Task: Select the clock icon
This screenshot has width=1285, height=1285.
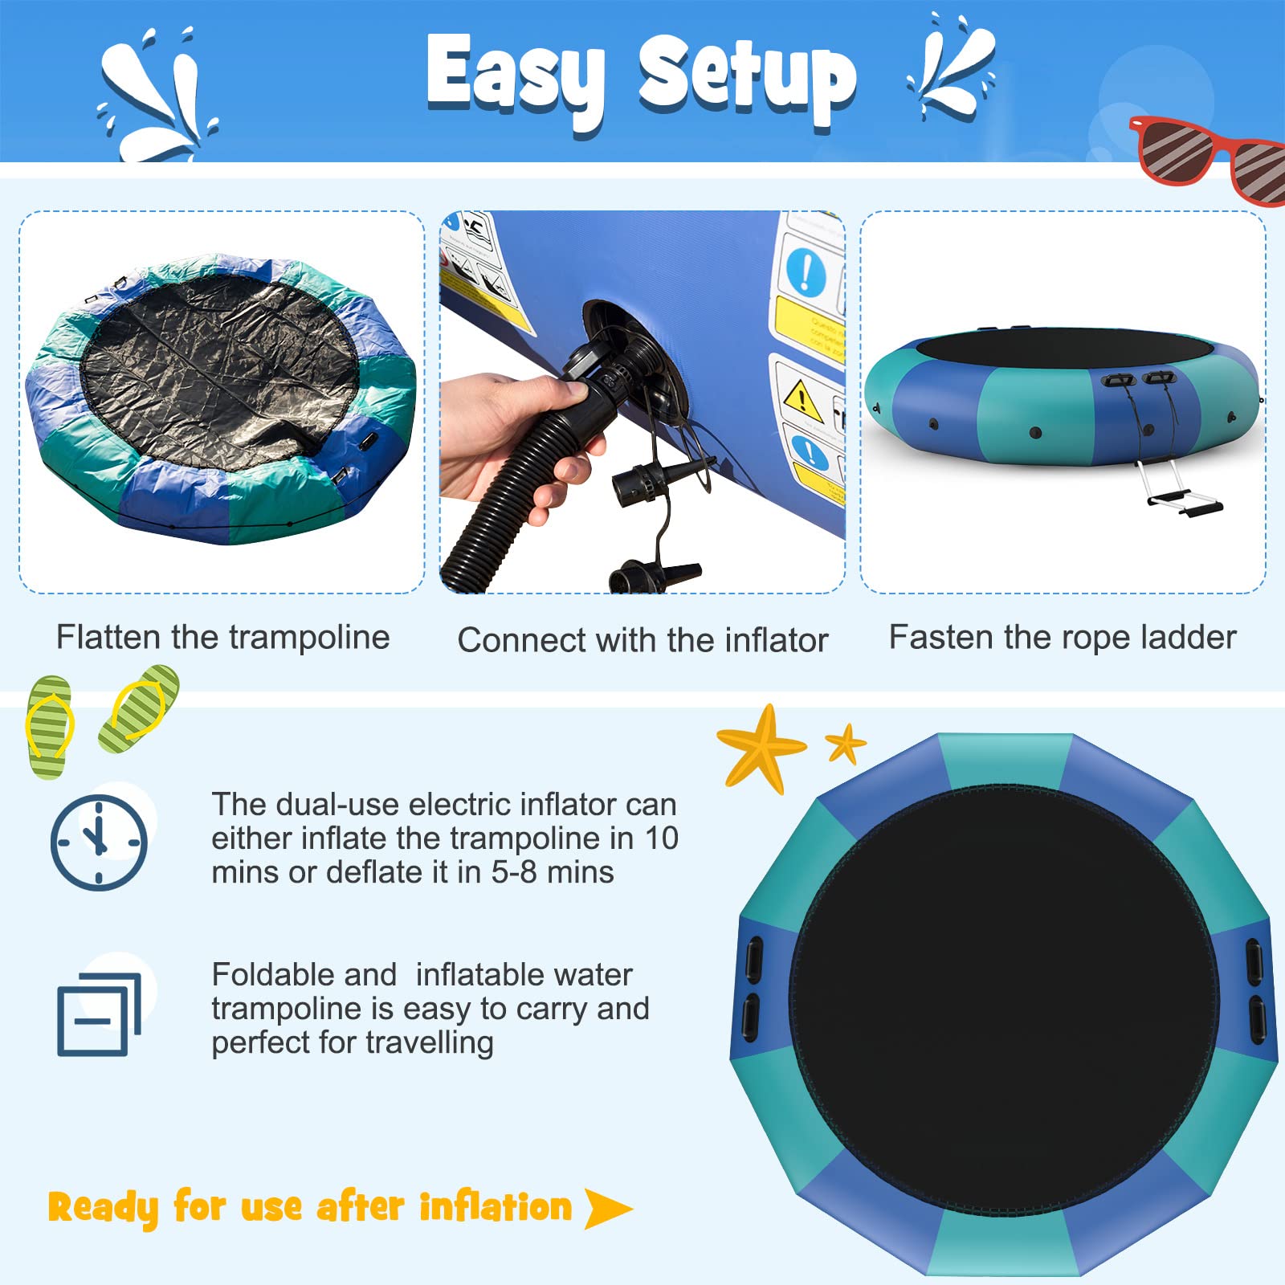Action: tap(99, 842)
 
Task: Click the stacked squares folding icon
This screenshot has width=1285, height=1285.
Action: tap(98, 1014)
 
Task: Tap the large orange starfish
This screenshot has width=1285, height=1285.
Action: tap(759, 747)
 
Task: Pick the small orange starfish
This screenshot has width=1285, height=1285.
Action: tap(846, 744)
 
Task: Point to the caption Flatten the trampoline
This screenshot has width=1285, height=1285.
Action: tap(222, 638)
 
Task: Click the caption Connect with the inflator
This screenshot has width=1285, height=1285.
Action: tap(642, 641)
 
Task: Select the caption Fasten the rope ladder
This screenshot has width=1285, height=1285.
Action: tap(1063, 638)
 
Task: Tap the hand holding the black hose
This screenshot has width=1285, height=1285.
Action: tap(514, 438)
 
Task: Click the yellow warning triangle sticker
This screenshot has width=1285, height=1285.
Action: tap(801, 399)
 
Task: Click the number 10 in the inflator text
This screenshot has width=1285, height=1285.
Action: tap(662, 838)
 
